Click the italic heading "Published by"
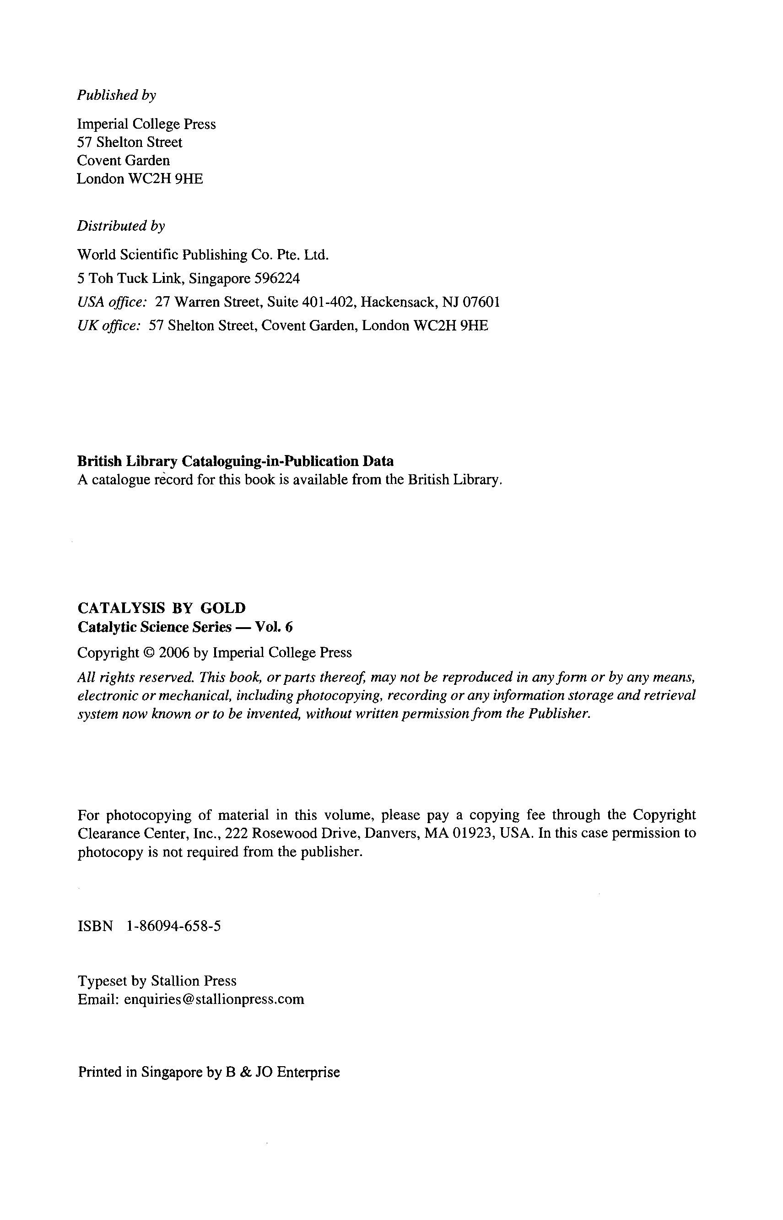tap(116, 95)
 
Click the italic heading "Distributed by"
tap(121, 226)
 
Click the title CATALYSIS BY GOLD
tap(162, 608)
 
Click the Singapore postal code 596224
tap(278, 279)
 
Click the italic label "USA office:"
tap(112, 302)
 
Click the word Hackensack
tap(398, 302)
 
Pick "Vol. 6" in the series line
tap(274, 627)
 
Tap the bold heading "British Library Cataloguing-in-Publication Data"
tap(235, 461)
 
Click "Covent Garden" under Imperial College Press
tap(124, 161)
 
